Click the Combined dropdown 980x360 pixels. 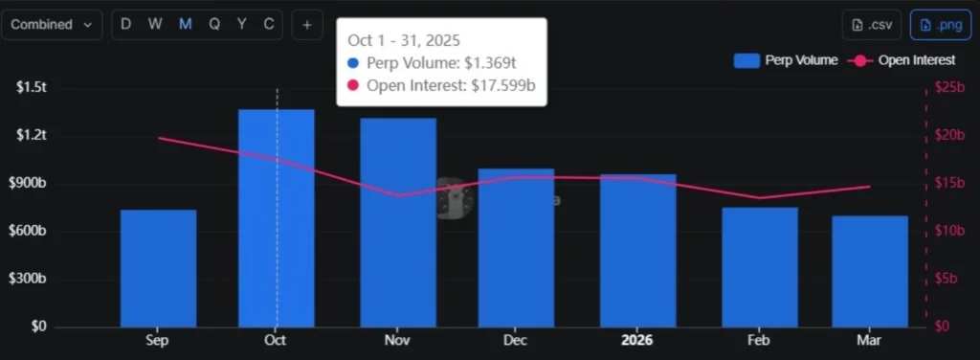[52, 25]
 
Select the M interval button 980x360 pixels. [185, 25]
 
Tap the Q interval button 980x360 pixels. [213, 25]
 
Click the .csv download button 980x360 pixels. [872, 25]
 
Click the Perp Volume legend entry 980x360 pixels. [786, 60]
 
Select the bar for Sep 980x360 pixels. [158, 268]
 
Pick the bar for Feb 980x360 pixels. [759, 267]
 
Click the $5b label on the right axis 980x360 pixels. [948, 279]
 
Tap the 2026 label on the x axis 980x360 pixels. [637, 341]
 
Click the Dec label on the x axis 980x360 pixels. [516, 341]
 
